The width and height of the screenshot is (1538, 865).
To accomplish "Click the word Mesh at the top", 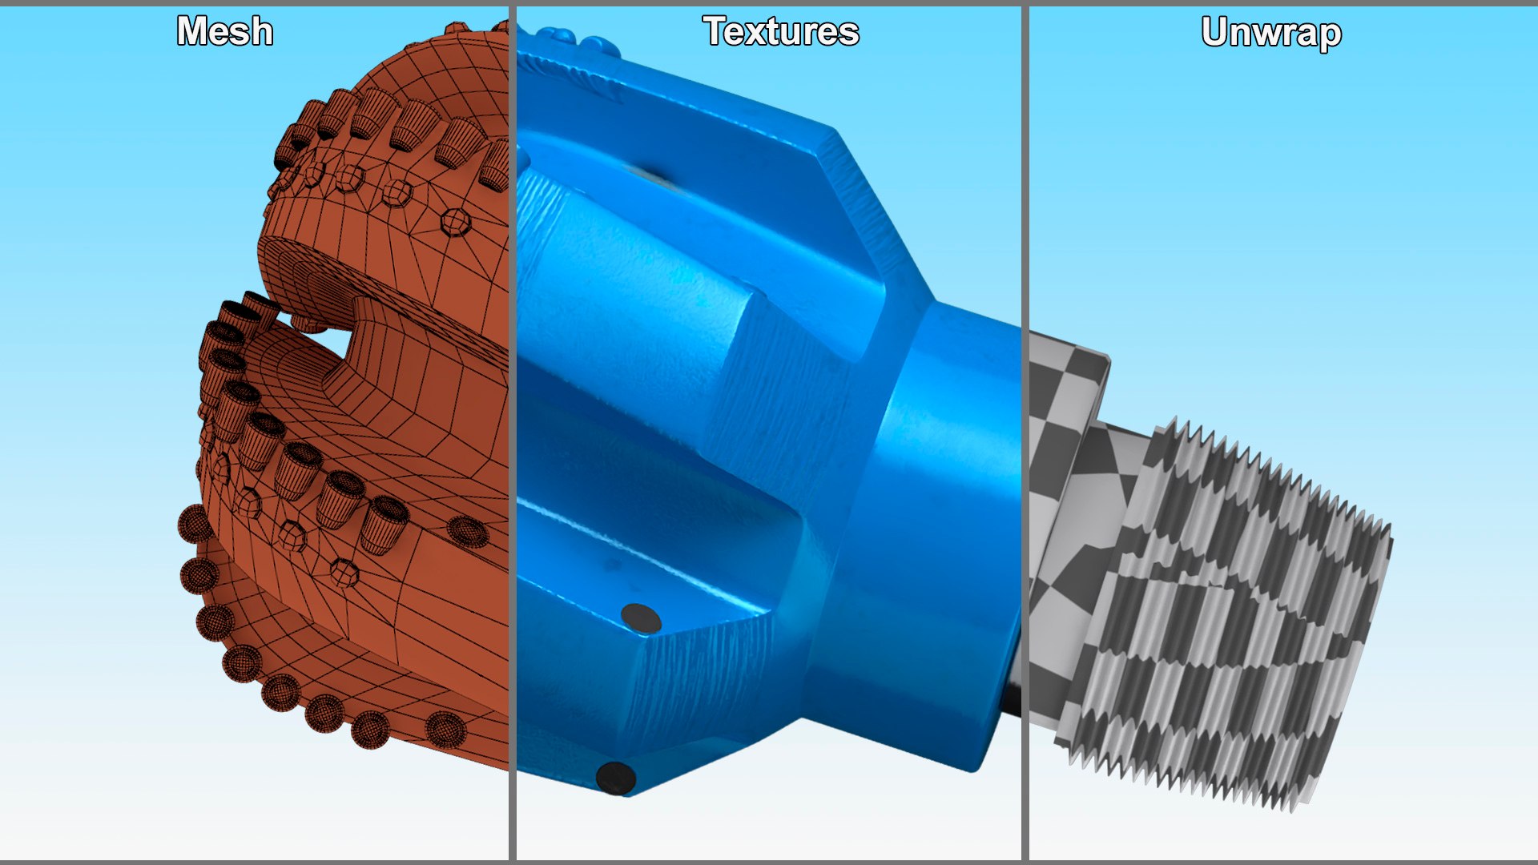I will click(x=225, y=32).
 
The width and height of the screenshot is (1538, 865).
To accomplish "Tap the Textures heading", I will click(x=781, y=32).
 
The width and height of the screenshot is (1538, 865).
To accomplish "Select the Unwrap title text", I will click(x=1271, y=33).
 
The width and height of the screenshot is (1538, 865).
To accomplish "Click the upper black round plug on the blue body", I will click(x=641, y=619).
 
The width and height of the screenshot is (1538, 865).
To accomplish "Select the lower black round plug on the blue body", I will click(x=615, y=777).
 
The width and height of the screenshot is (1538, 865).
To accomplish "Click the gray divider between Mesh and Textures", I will click(x=512, y=432).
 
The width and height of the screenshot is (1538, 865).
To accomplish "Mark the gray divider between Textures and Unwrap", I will click(x=1025, y=432).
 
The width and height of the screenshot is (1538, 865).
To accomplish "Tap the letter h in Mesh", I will click(x=261, y=32).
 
